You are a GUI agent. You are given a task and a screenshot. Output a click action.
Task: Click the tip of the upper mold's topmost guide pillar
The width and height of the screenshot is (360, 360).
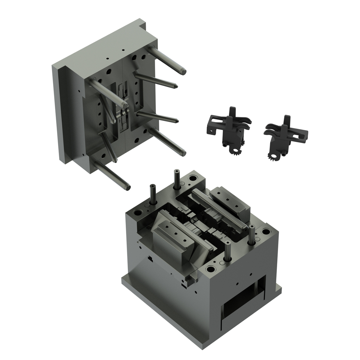[183, 72]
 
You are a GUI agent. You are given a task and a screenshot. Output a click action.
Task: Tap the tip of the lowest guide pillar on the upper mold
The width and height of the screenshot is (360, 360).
[127, 187]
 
